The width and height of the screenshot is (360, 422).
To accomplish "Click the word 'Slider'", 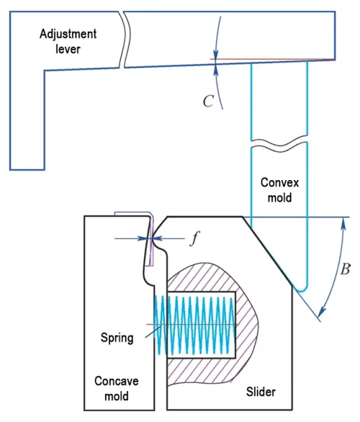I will click(x=261, y=391).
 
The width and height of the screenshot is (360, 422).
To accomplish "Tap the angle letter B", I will click(x=344, y=269).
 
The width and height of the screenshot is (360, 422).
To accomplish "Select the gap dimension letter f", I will click(x=194, y=240).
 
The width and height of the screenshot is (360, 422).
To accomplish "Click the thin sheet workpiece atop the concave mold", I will click(x=131, y=214).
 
